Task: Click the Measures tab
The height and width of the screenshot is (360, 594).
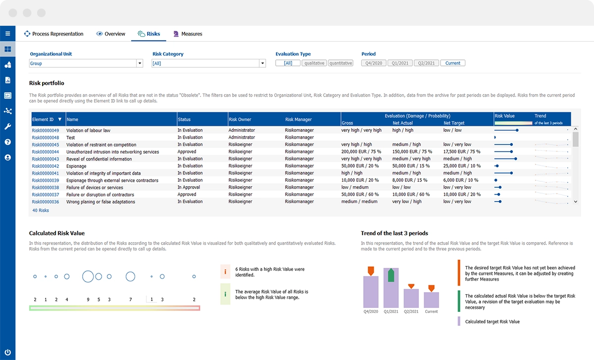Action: [x=188, y=34]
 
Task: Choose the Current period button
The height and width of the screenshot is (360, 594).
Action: [x=452, y=63]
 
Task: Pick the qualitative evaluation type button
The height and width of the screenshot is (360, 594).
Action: [x=314, y=63]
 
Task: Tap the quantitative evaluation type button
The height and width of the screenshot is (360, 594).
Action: [x=341, y=63]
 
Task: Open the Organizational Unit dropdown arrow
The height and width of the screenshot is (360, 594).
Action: [x=140, y=63]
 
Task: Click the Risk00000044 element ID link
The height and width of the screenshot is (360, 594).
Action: [x=46, y=152]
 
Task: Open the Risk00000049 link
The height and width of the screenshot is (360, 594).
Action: [x=46, y=130]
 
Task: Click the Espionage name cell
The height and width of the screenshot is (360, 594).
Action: [x=76, y=166]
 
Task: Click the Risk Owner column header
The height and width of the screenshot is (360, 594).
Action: [x=240, y=119]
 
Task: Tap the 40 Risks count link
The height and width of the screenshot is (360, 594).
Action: [x=41, y=210]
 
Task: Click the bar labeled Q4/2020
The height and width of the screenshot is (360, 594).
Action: [x=371, y=295]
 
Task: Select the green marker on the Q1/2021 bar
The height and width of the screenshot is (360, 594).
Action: [x=391, y=275]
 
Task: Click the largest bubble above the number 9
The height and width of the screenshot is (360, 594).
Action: [x=88, y=276]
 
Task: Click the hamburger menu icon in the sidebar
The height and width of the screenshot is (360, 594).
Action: [x=7, y=34]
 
